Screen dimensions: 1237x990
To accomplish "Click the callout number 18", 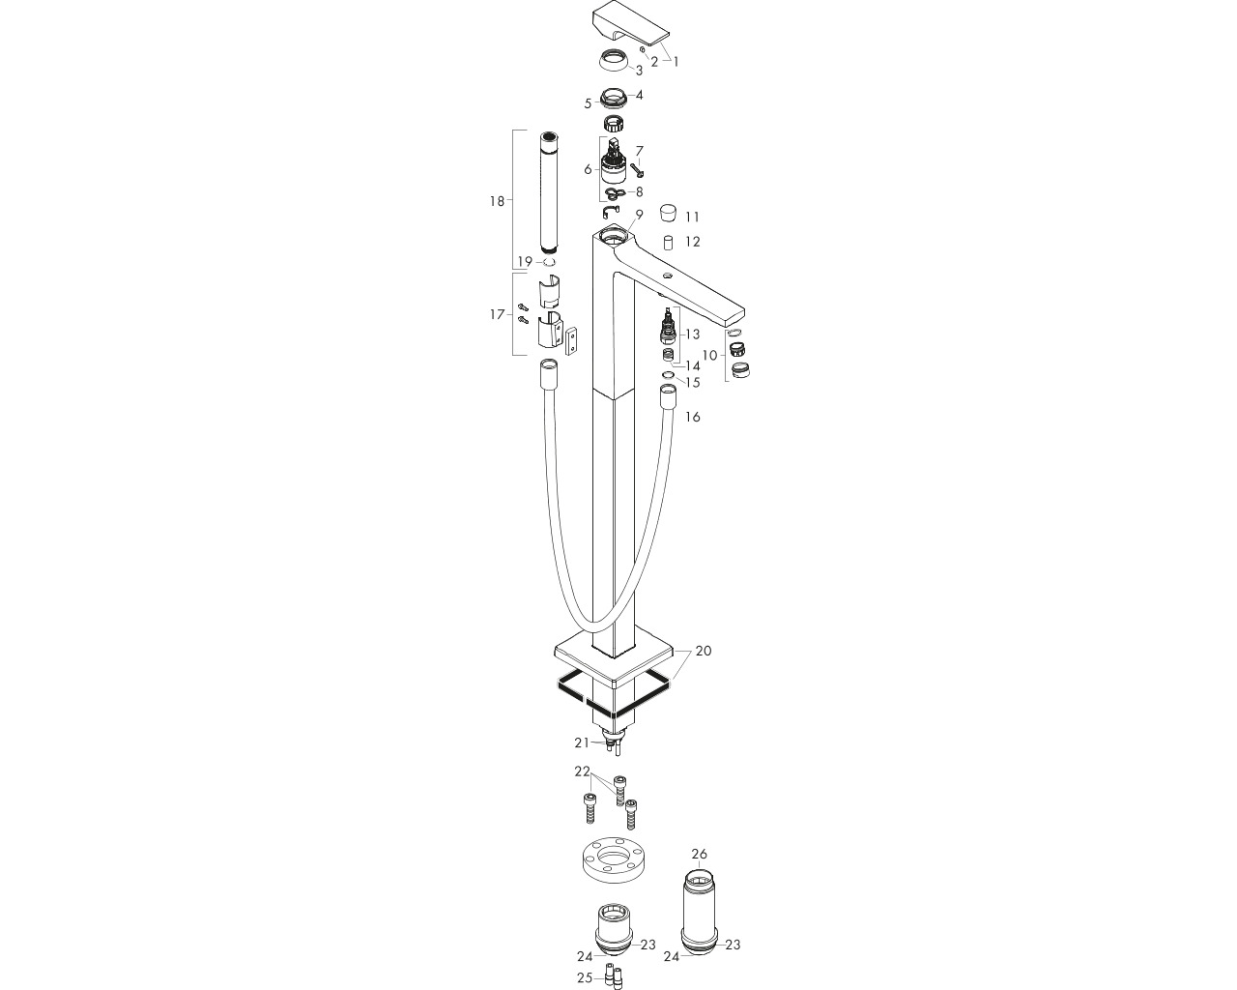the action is click(497, 201).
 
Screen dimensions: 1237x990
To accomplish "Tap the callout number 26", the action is click(699, 854).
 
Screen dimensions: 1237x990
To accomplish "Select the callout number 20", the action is click(703, 651).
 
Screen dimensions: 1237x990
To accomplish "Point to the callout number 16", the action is click(693, 417).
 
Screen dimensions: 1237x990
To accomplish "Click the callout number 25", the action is click(585, 977).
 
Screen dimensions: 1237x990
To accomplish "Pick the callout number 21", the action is click(583, 742).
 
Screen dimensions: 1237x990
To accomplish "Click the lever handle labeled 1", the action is click(630, 23).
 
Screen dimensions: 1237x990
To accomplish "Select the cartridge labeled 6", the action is click(614, 166).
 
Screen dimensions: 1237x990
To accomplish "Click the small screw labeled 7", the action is click(636, 170).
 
